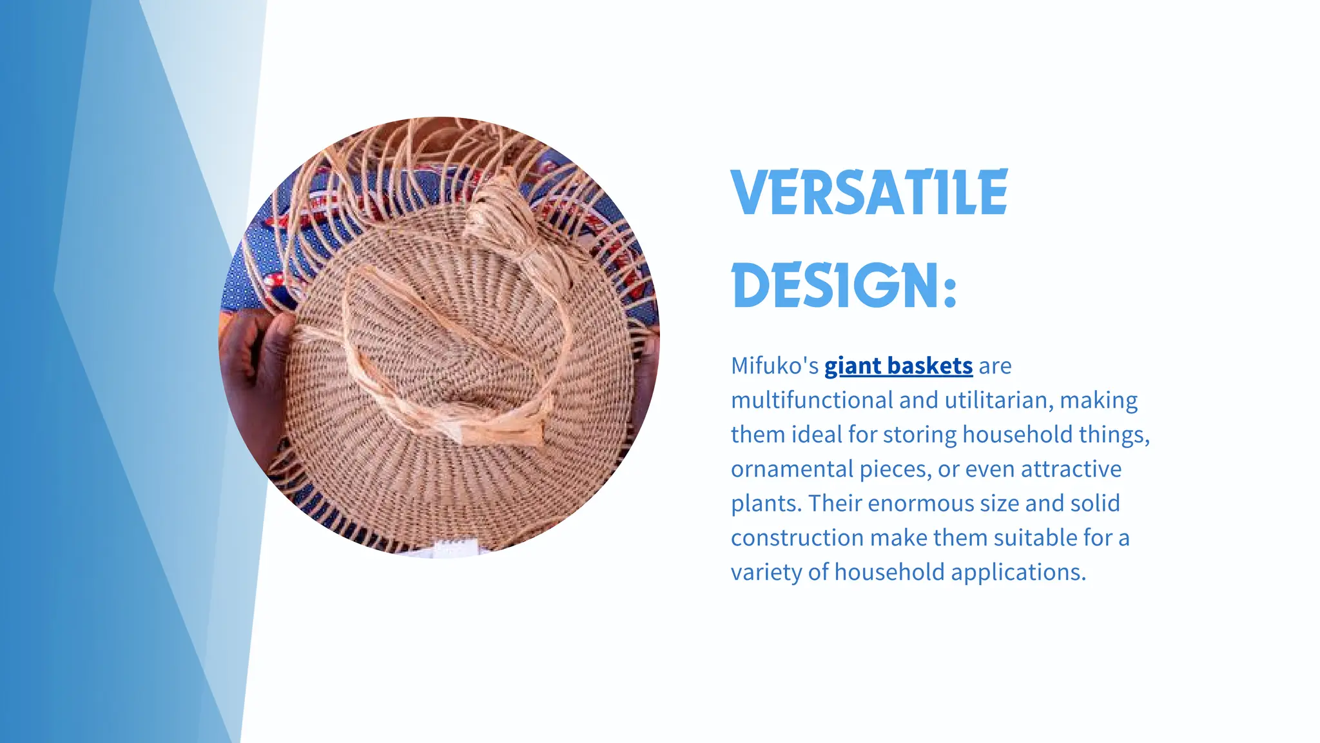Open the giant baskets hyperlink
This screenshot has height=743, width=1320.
click(x=898, y=366)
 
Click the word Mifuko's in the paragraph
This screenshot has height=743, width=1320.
click(x=774, y=366)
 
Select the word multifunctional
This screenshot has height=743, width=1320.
click(x=811, y=401)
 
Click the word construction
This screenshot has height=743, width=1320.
click(x=797, y=538)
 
